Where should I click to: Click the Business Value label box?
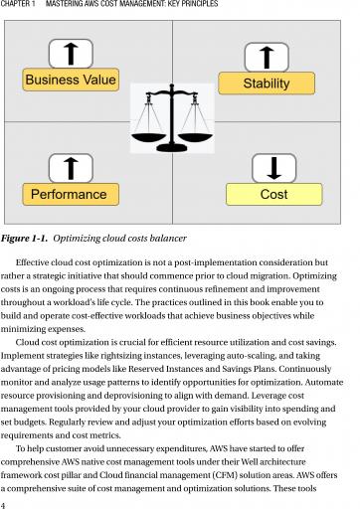pyautogui.click(x=71, y=80)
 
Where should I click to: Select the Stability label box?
pyautogui.click(x=267, y=84)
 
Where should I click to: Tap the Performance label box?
pyautogui.click(x=71, y=194)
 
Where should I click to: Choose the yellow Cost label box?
pyautogui.click(x=273, y=194)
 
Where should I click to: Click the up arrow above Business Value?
pyautogui.click(x=71, y=54)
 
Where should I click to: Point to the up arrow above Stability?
pyautogui.click(x=267, y=58)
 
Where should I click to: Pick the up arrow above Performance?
pyautogui.click(x=71, y=168)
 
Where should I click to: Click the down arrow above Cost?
pyautogui.click(x=273, y=168)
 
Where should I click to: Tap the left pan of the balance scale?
pyautogui.click(x=148, y=137)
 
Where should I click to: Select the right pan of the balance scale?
pyautogui.click(x=195, y=137)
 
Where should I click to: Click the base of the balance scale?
pyautogui.click(x=172, y=147)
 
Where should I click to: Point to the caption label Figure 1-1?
pyautogui.click(x=24, y=239)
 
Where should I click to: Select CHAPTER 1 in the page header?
pyautogui.click(x=18, y=4)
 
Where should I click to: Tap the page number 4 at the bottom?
pyautogui.click(x=3, y=505)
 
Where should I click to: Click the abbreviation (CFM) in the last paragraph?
pyautogui.click(x=224, y=475)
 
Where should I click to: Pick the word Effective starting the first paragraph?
pyautogui.click(x=33, y=262)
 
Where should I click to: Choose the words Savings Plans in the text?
pyautogui.click(x=249, y=369)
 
